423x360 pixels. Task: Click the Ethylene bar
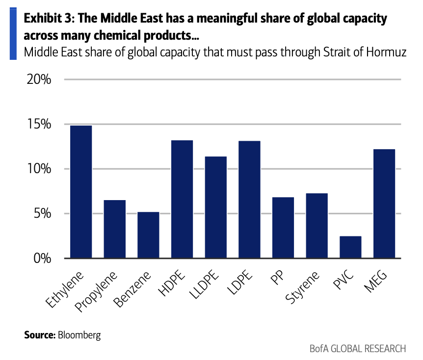coord(81,192)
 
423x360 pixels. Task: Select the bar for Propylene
coord(115,229)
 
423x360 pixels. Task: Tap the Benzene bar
coord(148,235)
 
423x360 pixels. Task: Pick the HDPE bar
coord(182,199)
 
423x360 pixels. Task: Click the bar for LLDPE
coord(216,207)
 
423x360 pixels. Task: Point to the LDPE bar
coord(250,199)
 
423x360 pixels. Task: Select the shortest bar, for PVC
coord(350,247)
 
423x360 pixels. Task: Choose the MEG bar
coord(384,204)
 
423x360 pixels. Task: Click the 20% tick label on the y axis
coord(39,79)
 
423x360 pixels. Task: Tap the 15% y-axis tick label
coord(39,124)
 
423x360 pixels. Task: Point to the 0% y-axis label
coord(42,258)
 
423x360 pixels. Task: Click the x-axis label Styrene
coord(302,287)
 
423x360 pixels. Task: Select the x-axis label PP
coord(277,278)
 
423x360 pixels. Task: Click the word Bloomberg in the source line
coord(79,335)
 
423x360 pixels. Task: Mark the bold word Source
coord(40,334)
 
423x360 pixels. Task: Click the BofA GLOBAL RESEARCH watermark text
coord(358,349)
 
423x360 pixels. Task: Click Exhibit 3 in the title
coord(49,18)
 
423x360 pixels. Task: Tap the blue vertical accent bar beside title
coord(13,34)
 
